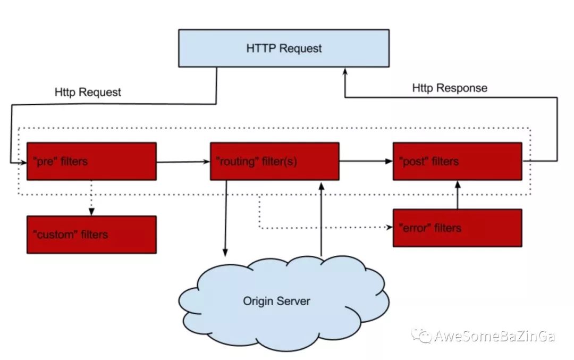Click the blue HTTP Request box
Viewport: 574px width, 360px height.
[284, 48]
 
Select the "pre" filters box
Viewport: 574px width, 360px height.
[91, 162]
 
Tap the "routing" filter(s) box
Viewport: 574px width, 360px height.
[275, 162]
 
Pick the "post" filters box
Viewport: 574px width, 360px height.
[458, 162]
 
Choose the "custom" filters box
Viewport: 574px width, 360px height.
[91, 235]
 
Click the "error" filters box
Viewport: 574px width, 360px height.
[458, 228]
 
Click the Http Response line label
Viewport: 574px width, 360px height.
[450, 88]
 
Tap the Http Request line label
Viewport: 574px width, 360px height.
[88, 92]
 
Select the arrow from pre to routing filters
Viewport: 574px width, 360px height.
[183, 162]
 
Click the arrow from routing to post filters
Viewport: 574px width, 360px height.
[366, 161]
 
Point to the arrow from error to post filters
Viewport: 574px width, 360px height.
[458, 195]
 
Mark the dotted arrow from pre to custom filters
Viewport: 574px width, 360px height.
[91, 198]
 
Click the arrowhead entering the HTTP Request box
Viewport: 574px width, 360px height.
[345, 71]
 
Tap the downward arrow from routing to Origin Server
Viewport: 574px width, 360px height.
[226, 218]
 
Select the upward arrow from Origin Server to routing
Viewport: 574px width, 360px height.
[322, 219]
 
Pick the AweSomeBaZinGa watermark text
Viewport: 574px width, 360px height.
[495, 336]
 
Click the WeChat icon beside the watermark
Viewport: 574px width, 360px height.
[421, 336]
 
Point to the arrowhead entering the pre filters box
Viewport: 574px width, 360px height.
[23, 162]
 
